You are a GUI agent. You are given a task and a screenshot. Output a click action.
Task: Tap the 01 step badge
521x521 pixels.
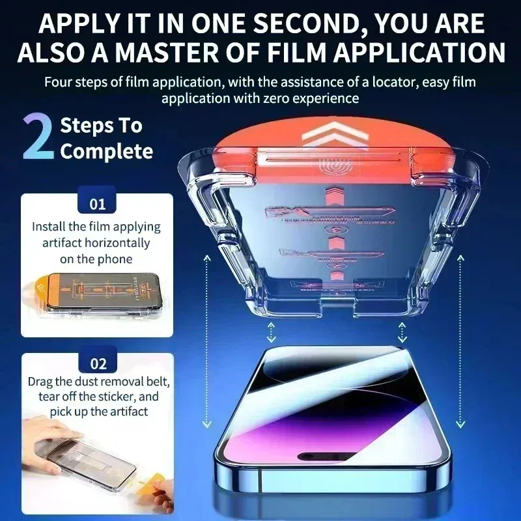coord(97,204)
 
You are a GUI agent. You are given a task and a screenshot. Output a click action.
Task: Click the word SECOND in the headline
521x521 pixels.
coord(279,23)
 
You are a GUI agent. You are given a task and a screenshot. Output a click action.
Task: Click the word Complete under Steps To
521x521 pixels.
coord(107,152)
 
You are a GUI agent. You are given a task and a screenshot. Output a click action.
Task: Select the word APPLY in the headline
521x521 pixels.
coord(76,23)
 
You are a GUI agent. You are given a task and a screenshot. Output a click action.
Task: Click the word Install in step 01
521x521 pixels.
coord(49,227)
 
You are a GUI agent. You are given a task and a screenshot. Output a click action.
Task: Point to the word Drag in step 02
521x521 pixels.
coord(40,381)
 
